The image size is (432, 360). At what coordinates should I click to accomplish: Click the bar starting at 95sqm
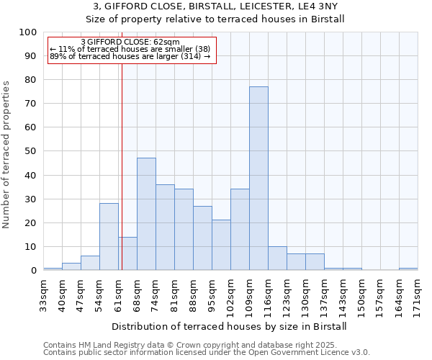(221, 245)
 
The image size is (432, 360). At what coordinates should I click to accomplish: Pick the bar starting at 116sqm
(277, 258)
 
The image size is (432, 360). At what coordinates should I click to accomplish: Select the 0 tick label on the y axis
(32, 271)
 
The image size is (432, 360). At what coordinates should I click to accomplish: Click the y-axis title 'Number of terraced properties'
(6, 154)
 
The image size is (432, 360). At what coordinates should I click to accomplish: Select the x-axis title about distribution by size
(230, 326)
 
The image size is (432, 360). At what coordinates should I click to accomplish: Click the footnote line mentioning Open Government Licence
(207, 352)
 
